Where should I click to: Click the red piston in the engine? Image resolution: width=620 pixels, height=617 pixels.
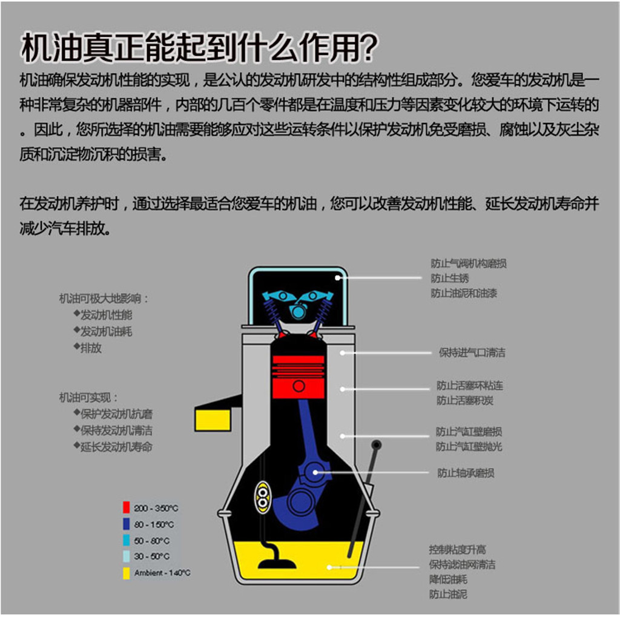coord(298,376)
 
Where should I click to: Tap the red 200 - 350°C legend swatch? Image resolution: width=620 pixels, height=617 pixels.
coord(127,507)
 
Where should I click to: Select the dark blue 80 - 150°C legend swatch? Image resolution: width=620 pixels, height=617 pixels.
coord(127,524)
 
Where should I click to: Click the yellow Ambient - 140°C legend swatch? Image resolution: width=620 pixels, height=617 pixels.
coord(127,572)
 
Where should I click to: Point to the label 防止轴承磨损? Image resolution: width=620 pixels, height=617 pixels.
coord(465,473)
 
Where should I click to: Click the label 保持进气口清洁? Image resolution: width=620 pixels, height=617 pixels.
coord(472,352)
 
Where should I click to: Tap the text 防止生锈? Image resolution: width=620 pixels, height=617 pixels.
coord(450,278)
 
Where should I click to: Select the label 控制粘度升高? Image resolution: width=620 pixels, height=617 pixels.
coord(457,549)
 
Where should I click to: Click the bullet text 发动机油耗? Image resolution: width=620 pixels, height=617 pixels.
coord(106,331)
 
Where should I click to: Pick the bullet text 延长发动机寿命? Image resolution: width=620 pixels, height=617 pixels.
coord(116,447)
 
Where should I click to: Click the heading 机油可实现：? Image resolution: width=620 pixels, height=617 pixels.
coord(89,398)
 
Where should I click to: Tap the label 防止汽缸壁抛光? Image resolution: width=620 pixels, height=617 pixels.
coord(469,447)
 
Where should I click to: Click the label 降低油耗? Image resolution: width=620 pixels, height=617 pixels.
coord(448,579)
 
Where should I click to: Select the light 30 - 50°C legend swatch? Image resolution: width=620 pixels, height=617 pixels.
coord(127,556)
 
